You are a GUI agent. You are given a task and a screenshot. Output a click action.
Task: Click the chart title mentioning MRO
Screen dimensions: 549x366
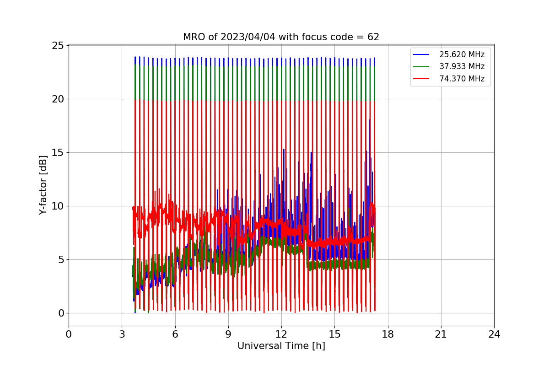[x=281, y=37]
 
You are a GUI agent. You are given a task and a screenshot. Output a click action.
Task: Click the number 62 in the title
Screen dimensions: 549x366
[x=373, y=37]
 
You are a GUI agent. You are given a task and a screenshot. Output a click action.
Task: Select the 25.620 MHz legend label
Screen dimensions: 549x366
[x=462, y=54]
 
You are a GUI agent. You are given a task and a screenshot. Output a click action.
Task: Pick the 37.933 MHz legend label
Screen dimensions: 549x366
[x=462, y=66]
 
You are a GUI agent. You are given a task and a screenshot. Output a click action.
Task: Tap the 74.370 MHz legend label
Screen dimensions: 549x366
[x=462, y=79]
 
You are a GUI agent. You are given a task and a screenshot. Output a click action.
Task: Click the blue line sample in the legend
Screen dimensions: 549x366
[x=421, y=54]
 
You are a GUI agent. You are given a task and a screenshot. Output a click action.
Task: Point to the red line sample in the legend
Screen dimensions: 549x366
[x=421, y=79]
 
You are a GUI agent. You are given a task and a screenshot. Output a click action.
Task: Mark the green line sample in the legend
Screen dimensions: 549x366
[x=421, y=66]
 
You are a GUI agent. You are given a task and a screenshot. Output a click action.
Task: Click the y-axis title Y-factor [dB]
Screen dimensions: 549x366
[x=43, y=185]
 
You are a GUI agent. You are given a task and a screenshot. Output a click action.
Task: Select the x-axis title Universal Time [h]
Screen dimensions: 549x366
[x=281, y=346]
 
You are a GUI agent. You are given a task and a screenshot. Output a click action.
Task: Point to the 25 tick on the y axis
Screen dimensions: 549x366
[x=58, y=46]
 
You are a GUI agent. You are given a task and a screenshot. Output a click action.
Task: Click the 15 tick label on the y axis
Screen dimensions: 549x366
[x=58, y=153]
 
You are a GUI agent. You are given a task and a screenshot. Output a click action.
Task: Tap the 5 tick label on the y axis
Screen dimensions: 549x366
[x=61, y=259]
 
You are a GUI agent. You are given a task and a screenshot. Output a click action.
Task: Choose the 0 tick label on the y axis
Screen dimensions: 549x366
[x=61, y=313]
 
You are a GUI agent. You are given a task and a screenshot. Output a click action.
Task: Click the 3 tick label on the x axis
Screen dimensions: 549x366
[x=122, y=334]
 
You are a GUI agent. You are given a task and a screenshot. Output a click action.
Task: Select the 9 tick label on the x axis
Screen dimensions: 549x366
[x=228, y=334]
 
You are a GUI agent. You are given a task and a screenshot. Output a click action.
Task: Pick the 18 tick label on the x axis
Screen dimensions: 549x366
[x=388, y=334]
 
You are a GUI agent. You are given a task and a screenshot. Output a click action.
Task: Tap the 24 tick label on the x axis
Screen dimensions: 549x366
[x=494, y=334]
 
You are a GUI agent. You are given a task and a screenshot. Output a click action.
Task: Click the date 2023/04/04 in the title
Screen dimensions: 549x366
[x=248, y=37]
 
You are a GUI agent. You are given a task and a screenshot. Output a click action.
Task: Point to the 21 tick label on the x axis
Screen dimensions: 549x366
[x=441, y=334]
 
